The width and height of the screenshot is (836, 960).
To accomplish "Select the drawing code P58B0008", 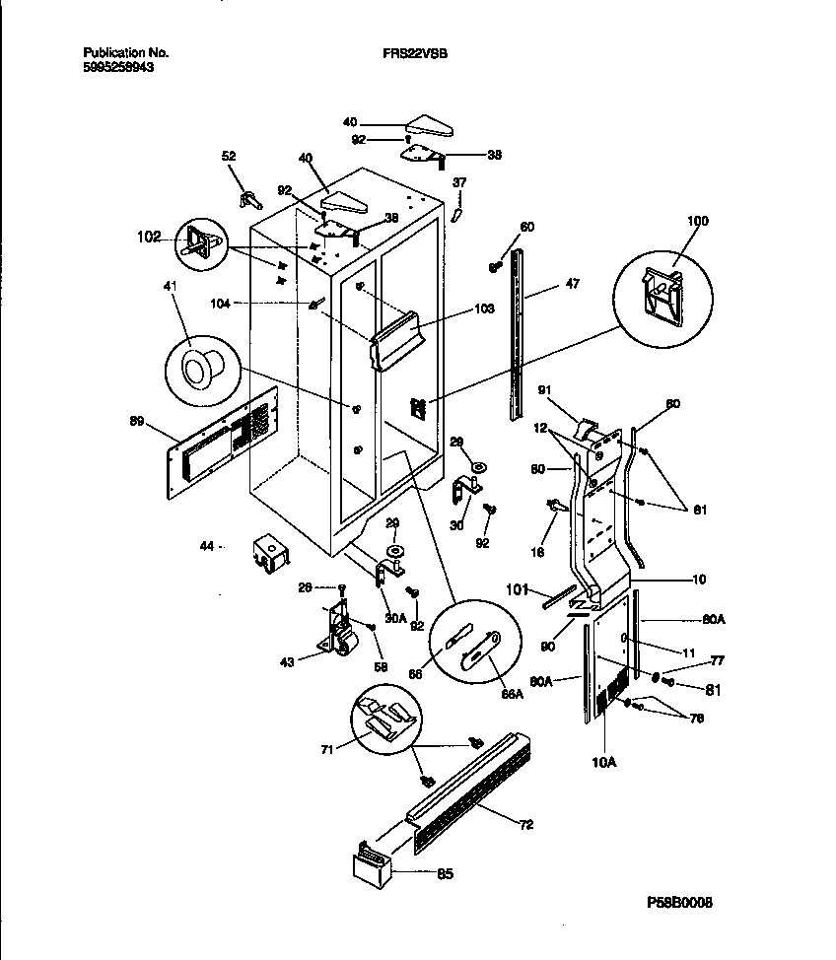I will tap(680, 903).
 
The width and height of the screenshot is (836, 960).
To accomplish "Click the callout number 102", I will tap(149, 237).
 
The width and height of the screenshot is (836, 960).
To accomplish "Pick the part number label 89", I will tap(137, 422).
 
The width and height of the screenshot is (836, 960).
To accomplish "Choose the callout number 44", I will tap(208, 545).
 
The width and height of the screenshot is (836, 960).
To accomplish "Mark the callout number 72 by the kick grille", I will tap(526, 824).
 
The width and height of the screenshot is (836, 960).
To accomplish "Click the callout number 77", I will tap(717, 662).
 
